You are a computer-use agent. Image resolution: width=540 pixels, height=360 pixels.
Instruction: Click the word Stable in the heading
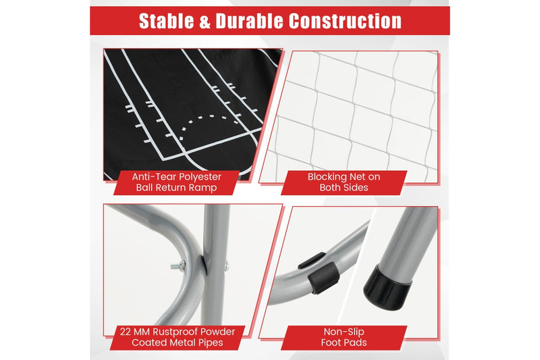166,21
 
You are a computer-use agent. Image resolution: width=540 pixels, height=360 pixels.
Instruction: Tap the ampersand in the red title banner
205,22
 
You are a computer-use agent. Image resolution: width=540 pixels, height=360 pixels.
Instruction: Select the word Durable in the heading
250,21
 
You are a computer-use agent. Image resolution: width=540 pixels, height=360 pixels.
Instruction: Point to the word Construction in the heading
345,21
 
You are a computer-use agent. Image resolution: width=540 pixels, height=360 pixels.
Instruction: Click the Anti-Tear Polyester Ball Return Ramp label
176,182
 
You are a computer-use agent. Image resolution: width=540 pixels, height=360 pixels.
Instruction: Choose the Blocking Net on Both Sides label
344,182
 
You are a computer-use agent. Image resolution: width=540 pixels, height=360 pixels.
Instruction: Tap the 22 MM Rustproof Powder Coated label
178,337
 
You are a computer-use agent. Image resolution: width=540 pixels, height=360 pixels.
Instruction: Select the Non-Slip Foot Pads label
344,337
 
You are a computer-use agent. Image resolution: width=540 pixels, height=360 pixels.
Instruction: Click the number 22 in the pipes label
126,332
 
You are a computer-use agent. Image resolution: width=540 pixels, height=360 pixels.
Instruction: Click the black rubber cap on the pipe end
387,287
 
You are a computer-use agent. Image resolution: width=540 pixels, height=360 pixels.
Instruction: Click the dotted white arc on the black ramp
209,128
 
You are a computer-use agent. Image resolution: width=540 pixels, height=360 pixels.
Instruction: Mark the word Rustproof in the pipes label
175,332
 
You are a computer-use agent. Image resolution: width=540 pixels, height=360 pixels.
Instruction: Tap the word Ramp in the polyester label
205,188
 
